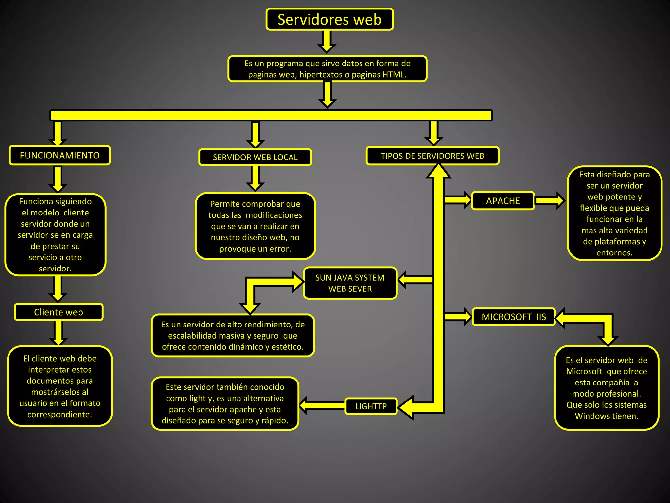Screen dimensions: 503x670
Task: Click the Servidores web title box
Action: [329, 19]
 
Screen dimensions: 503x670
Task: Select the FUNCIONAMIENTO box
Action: [60, 155]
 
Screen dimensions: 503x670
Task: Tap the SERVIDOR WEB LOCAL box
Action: [255, 157]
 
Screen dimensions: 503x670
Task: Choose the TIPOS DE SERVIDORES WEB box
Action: [432, 156]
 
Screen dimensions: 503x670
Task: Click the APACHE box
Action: [503, 201]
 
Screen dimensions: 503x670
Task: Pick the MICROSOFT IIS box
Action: [514, 317]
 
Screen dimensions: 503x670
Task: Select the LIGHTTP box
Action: [371, 406]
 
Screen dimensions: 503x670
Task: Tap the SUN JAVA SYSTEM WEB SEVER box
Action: [350, 283]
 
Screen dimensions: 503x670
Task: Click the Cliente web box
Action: [59, 312]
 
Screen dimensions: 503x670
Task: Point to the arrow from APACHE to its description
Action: [550, 201]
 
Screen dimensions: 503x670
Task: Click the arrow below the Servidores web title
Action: [327, 41]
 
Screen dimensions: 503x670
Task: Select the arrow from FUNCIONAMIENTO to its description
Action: [58, 179]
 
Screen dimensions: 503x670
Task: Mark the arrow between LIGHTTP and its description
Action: [322, 406]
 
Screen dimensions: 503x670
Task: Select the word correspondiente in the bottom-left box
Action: [60, 415]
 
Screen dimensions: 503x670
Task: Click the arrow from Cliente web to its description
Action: [59, 333]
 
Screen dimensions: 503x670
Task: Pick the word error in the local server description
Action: [280, 249]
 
